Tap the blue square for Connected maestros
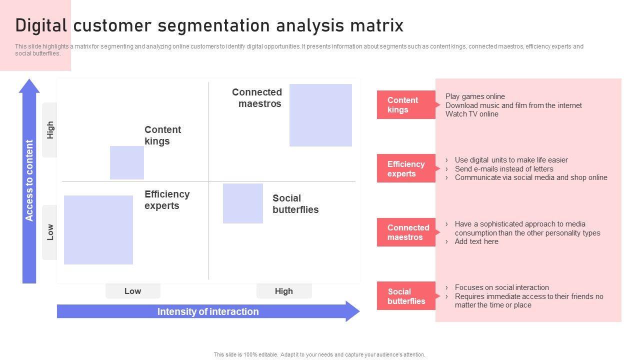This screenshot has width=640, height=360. click(x=320, y=115)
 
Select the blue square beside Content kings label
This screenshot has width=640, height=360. click(x=127, y=162)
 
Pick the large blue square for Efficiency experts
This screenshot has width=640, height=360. click(x=98, y=229)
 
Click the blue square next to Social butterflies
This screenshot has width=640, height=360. click(x=242, y=203)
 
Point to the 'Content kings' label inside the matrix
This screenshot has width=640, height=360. click(x=162, y=135)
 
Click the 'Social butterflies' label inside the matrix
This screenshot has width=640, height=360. click(x=295, y=204)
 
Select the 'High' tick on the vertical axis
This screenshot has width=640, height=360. click(x=50, y=130)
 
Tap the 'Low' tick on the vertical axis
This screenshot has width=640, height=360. click(x=50, y=232)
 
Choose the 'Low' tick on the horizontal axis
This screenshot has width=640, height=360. click(x=132, y=291)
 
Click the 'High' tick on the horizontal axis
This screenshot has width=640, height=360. click(x=283, y=291)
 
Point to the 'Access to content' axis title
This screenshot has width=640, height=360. click(x=29, y=180)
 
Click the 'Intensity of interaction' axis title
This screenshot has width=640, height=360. click(x=208, y=311)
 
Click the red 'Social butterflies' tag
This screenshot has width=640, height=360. click(x=406, y=296)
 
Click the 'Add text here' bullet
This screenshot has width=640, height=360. click(x=476, y=241)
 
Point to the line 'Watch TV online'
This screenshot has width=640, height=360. click(x=471, y=114)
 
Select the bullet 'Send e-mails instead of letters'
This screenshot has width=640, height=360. click(x=503, y=169)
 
